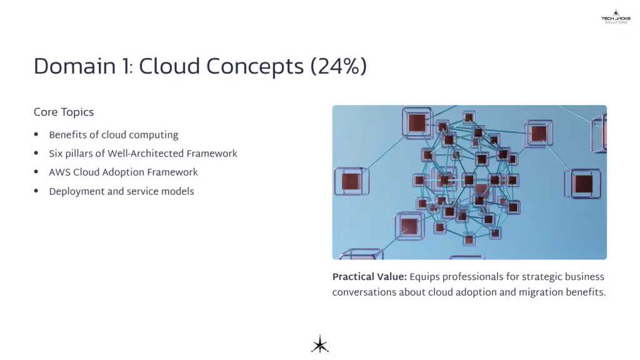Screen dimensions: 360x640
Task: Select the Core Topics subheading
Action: (64, 112)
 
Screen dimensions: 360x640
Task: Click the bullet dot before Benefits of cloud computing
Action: (36, 135)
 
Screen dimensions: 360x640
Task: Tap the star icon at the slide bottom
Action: (320, 344)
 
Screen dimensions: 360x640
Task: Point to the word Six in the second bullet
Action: (57, 154)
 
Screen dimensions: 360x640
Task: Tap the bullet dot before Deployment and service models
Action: (36, 191)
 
